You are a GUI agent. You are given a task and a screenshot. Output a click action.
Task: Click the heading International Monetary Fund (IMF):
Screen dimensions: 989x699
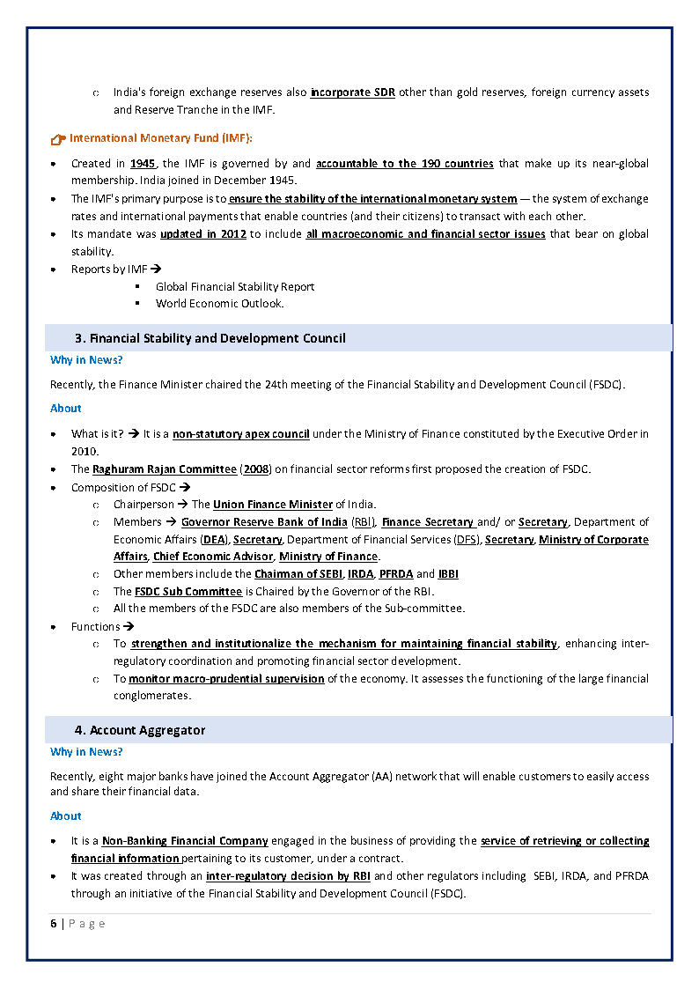(x=161, y=138)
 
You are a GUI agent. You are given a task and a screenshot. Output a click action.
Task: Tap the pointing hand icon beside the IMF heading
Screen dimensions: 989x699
(x=58, y=139)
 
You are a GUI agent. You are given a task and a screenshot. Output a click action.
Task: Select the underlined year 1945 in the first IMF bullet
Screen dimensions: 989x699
(x=143, y=164)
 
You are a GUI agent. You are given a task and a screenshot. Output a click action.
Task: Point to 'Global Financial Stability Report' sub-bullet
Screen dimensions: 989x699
(x=235, y=286)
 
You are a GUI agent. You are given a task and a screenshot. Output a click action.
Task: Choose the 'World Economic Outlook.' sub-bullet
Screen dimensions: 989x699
(x=220, y=304)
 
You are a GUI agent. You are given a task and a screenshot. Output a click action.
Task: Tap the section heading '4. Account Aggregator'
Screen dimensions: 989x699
(x=140, y=730)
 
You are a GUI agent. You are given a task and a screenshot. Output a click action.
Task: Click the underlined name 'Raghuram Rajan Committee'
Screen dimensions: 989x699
(x=165, y=469)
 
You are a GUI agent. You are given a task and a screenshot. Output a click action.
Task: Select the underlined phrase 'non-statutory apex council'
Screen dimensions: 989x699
(x=240, y=434)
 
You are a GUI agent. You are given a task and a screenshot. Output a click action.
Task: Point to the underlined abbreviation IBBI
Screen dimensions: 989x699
(x=448, y=574)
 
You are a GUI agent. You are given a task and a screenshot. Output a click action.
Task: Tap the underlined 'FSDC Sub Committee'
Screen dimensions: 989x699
(x=188, y=592)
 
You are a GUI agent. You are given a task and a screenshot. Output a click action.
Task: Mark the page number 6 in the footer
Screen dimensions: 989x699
(x=54, y=924)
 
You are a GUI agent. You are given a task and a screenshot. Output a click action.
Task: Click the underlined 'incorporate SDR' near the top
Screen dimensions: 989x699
(x=352, y=92)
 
